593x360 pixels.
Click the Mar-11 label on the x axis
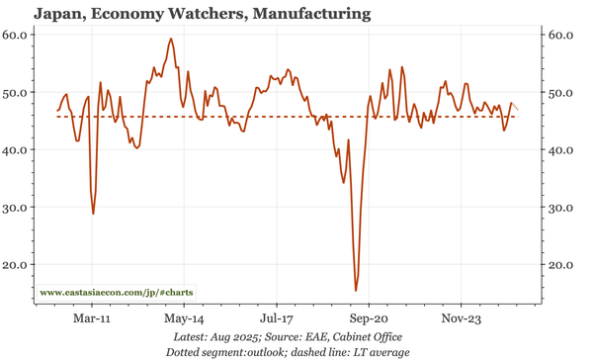(x=92, y=319)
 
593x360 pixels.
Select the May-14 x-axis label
(x=184, y=319)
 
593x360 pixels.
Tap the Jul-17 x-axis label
(x=277, y=319)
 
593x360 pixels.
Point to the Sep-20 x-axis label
(x=369, y=319)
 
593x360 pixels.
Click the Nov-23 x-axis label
(x=461, y=319)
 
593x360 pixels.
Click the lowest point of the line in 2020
(x=356, y=291)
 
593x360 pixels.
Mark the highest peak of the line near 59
(x=171, y=40)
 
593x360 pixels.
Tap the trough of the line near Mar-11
(x=94, y=214)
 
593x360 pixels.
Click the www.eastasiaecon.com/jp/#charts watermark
(x=117, y=293)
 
